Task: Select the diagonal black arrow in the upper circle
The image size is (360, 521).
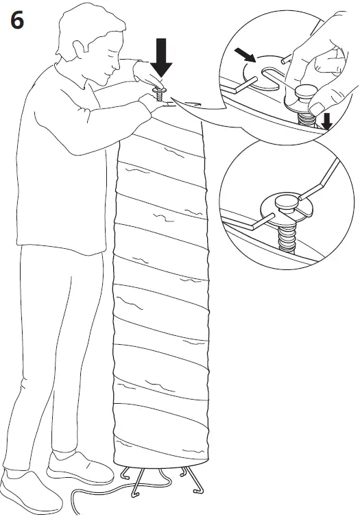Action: pos(245,54)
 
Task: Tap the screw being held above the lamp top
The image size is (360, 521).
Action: pos(160,91)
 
